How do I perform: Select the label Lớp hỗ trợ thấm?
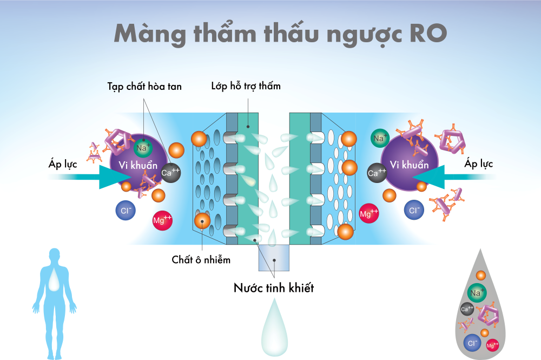(x=246, y=86)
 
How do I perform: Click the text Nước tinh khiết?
(x=274, y=288)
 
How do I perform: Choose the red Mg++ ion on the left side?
(x=162, y=220)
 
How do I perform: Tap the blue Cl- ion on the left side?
(x=125, y=210)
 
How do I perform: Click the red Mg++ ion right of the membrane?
(x=370, y=213)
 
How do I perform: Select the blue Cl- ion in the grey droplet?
(x=472, y=343)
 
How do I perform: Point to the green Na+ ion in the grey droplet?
(x=477, y=293)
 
